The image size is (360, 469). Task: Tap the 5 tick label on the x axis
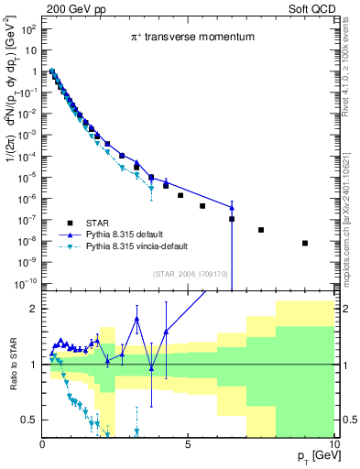(188, 444)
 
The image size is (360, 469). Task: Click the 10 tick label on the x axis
(333, 444)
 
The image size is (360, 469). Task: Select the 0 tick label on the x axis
(42, 444)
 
